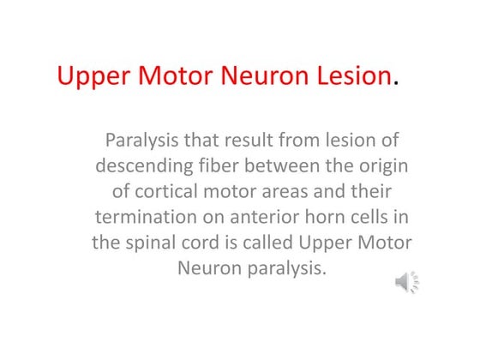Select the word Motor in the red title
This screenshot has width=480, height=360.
click(x=180, y=76)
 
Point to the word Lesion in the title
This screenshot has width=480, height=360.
click(x=352, y=76)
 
